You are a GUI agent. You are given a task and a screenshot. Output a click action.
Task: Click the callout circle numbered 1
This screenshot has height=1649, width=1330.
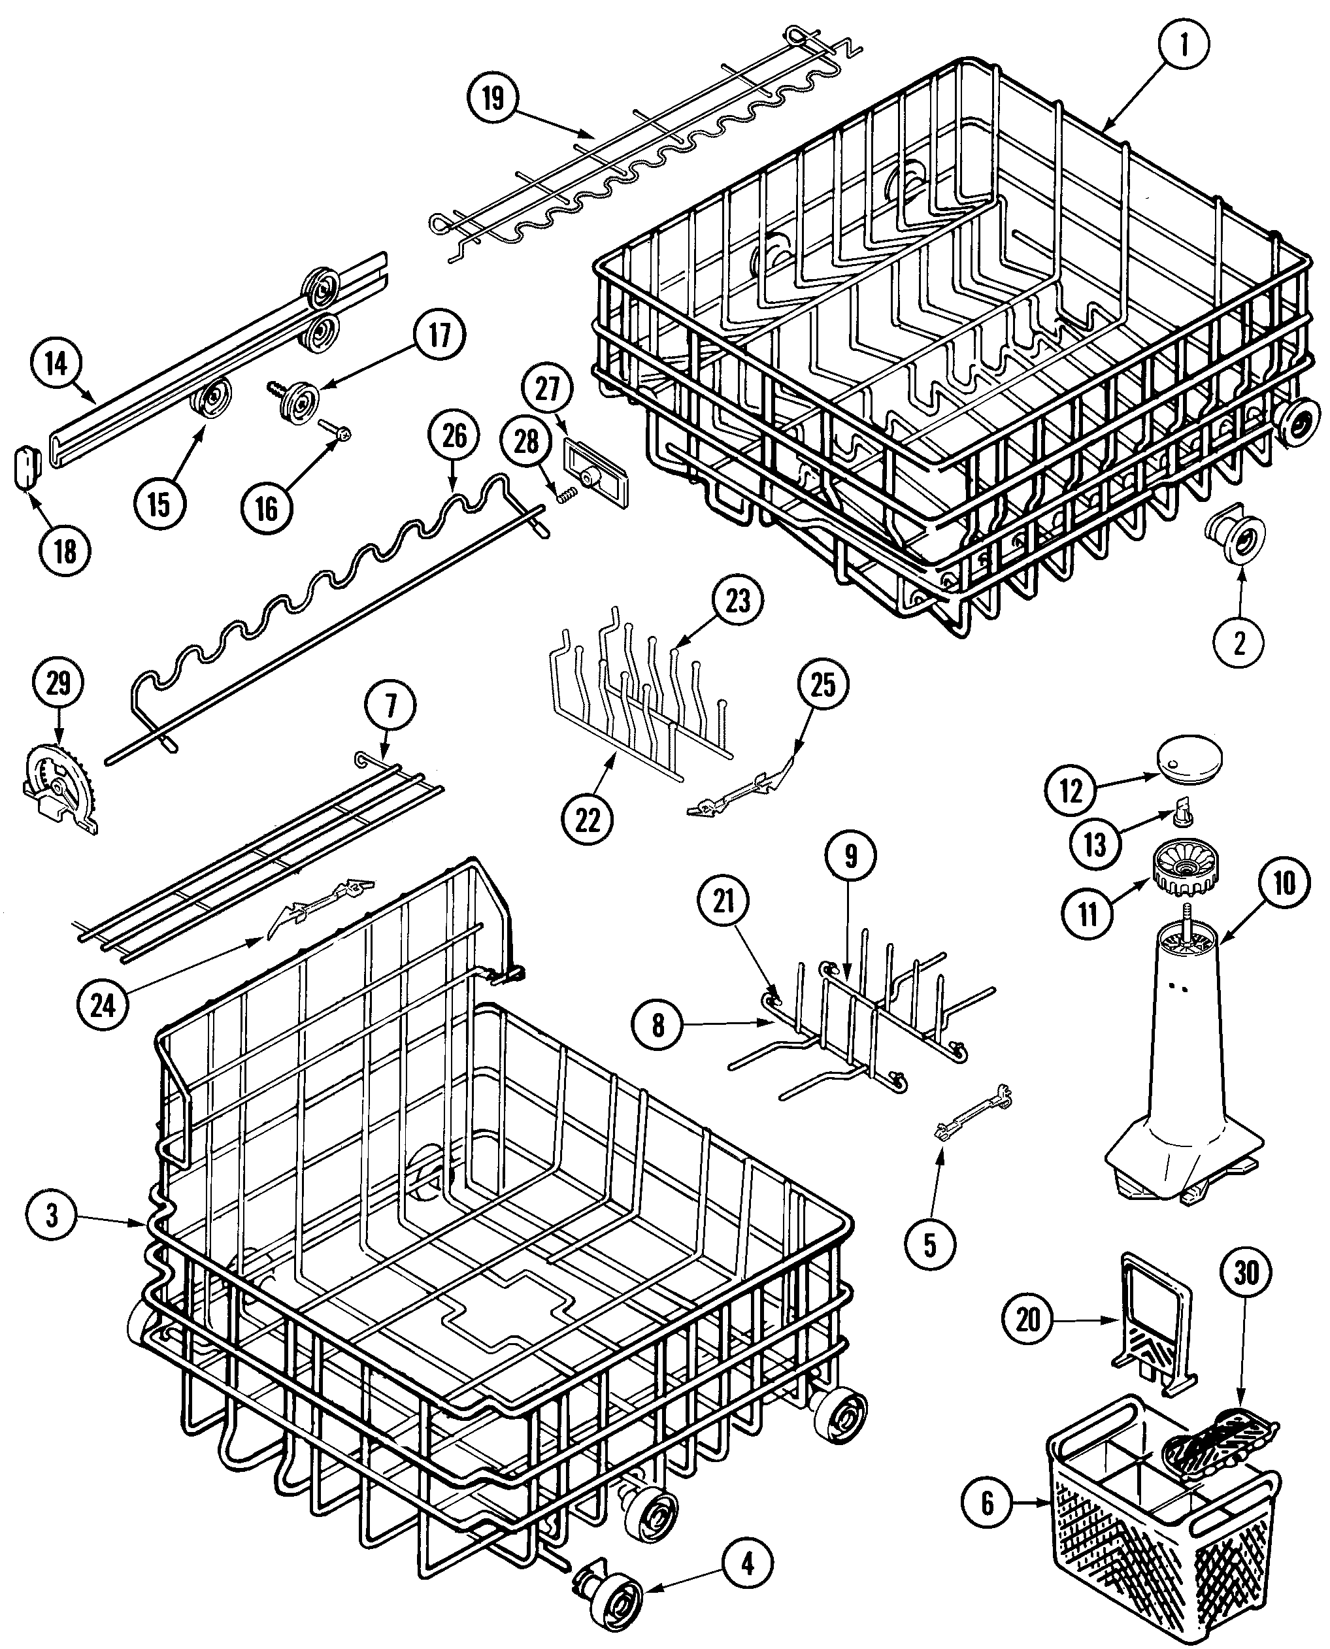[1184, 45]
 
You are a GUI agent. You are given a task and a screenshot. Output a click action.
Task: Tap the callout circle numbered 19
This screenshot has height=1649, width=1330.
[493, 99]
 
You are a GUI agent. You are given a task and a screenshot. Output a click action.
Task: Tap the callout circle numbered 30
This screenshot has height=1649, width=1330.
[1246, 1273]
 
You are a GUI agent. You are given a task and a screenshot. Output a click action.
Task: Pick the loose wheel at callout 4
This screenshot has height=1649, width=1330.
[618, 1586]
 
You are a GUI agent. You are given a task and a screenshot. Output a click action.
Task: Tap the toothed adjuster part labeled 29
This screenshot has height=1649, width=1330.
[59, 790]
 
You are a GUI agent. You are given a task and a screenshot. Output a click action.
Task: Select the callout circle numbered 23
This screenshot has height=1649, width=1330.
[738, 601]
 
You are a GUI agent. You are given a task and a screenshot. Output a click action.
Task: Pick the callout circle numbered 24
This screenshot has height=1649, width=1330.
[102, 1005]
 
